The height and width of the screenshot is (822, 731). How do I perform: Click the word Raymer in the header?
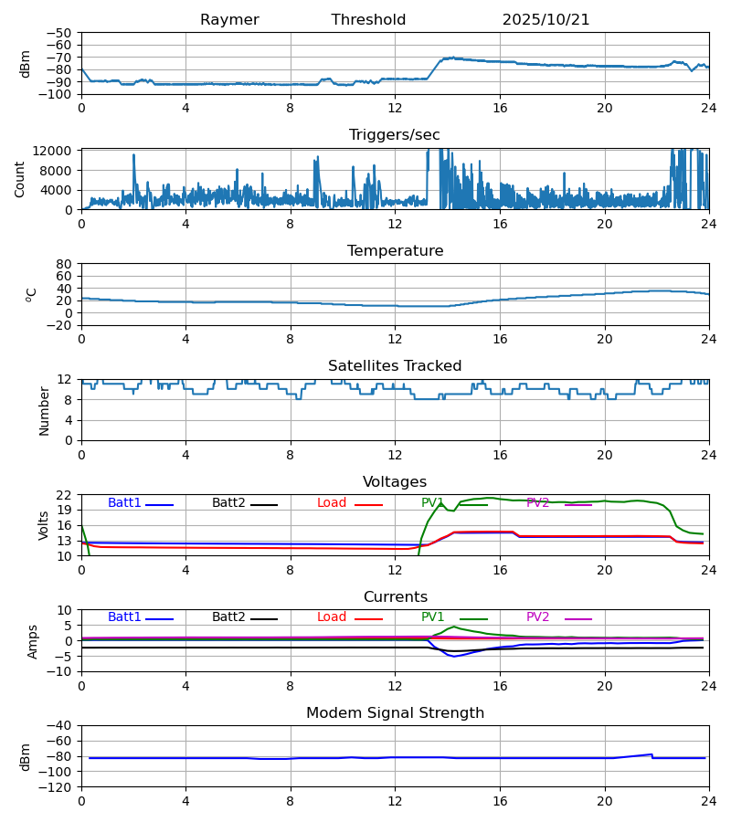point(229,20)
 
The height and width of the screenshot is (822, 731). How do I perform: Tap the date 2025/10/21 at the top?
point(546,20)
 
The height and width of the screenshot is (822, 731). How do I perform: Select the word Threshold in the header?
point(368,20)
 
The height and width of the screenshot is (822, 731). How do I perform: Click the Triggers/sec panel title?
point(394,135)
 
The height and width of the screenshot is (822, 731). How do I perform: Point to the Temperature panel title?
point(395,251)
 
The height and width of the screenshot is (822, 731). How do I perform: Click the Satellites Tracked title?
point(395,366)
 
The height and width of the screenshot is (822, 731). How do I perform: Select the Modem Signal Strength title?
point(395,713)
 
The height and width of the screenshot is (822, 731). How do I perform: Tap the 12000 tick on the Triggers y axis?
point(57,151)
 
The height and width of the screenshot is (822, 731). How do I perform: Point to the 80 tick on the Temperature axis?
point(65,264)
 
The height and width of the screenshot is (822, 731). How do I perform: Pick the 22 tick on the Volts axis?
point(65,495)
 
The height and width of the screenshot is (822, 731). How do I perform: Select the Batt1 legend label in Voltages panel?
point(124,503)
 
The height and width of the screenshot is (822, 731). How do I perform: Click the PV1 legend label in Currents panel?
point(432,617)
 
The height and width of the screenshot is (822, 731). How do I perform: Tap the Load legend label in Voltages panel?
point(333,503)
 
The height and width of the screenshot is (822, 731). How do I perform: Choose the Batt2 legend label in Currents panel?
point(228,617)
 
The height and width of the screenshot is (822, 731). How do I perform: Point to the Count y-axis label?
point(21,179)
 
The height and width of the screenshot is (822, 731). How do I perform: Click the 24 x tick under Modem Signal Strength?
point(708,801)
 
